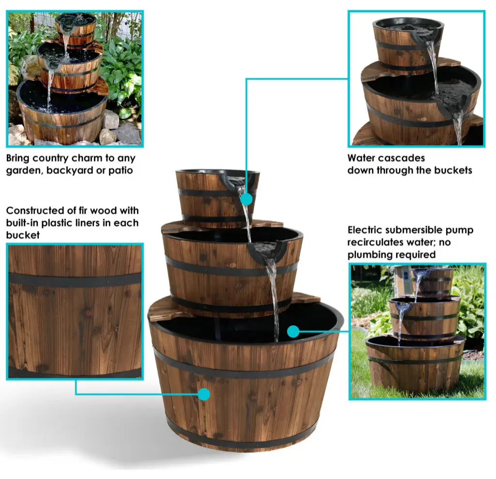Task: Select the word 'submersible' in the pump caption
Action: [x=414, y=230]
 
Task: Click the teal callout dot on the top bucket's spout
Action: [x=246, y=200]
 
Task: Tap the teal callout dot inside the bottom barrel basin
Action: [x=294, y=331]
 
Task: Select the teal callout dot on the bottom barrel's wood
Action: [x=204, y=394]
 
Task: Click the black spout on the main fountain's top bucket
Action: [x=233, y=180]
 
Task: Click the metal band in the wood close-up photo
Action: [x=75, y=280]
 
